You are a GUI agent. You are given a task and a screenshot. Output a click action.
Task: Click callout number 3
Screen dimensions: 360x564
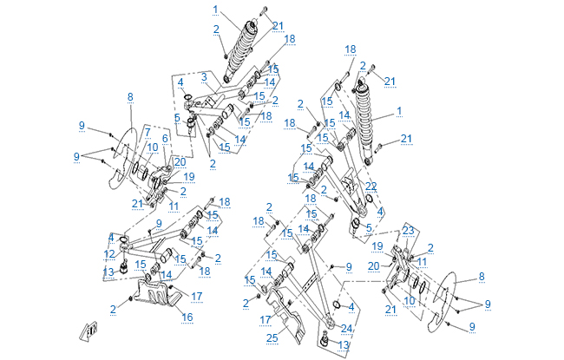[202, 77]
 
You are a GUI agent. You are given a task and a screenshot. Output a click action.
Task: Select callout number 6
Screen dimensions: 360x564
[164, 139]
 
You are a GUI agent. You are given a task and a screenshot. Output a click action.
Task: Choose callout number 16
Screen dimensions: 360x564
[187, 317]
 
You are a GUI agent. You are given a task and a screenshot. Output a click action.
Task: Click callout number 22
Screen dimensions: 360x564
[371, 187]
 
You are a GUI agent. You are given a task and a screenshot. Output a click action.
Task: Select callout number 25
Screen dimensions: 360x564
[272, 337]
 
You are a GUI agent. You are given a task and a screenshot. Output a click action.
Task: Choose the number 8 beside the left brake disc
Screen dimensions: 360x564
[130, 96]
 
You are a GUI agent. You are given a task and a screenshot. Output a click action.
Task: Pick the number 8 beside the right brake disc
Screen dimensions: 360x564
[481, 277]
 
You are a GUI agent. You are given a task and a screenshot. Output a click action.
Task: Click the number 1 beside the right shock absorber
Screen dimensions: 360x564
[399, 111]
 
